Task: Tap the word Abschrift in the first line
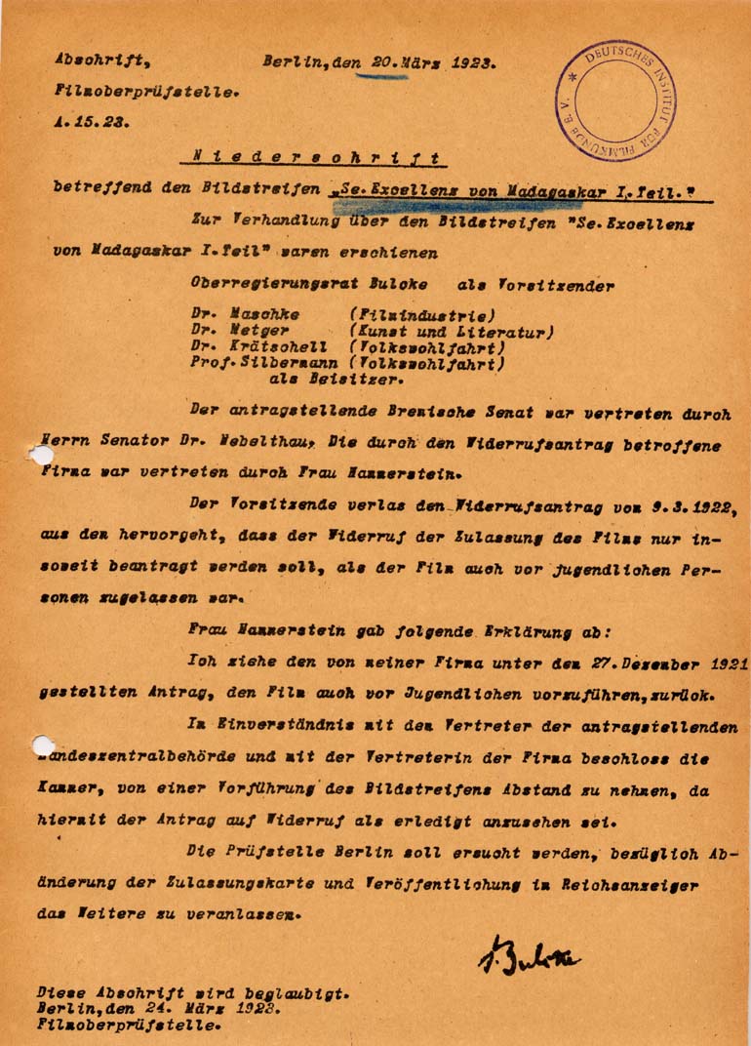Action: pos(101,60)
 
